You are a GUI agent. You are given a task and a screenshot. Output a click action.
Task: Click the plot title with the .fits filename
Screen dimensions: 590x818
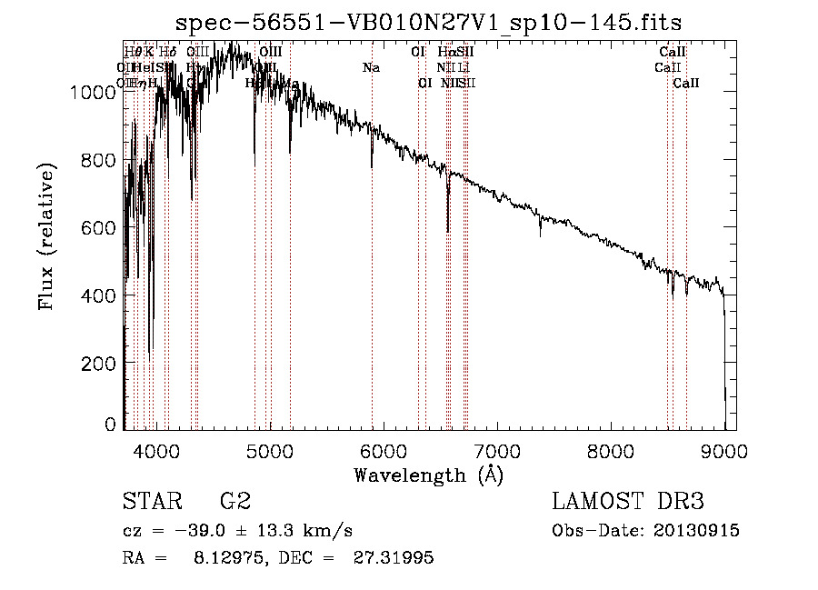coord(429,22)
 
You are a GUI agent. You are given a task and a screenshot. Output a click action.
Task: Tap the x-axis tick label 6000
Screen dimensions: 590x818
coord(383,451)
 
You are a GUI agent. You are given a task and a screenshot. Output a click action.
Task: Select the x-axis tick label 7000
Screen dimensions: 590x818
coord(497,451)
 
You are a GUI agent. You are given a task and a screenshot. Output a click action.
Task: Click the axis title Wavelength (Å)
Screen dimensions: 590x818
coord(428,475)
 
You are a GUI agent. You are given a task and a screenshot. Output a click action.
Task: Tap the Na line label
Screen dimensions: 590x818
coord(371,68)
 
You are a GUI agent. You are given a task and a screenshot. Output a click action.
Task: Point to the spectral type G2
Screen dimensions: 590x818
coord(234,502)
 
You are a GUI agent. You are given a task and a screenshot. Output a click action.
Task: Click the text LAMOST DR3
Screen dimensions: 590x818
coord(627,502)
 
